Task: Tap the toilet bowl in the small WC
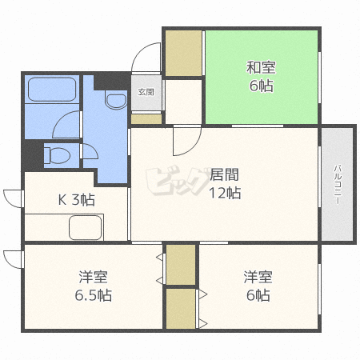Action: tap(61, 153)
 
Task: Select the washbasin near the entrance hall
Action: tap(116, 101)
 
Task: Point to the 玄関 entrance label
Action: tap(146, 92)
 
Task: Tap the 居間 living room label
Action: tap(225, 174)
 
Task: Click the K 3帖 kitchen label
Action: tap(76, 199)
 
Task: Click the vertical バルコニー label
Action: tap(337, 186)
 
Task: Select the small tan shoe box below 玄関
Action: tap(146, 118)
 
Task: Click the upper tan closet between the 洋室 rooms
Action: tap(181, 264)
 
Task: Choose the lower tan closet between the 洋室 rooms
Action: tap(181, 308)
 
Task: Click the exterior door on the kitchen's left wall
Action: tap(12, 197)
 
